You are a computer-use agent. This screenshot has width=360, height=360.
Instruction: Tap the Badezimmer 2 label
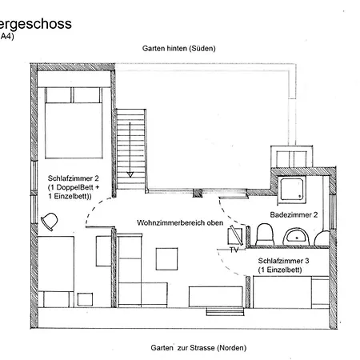[x=294, y=214]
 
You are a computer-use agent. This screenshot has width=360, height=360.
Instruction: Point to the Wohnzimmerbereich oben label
[x=180, y=222]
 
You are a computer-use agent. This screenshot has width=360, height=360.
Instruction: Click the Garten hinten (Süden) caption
[x=179, y=48]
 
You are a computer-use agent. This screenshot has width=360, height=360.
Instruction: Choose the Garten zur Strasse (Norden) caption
[x=198, y=348]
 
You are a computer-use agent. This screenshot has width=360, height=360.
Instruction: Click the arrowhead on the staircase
[x=130, y=174]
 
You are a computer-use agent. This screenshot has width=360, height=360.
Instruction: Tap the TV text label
[x=234, y=250]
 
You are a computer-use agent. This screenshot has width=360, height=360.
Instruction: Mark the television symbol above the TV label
[x=235, y=235]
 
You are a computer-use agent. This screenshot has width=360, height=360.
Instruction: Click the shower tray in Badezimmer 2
[x=292, y=190]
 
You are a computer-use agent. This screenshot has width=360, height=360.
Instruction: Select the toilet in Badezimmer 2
[x=265, y=234]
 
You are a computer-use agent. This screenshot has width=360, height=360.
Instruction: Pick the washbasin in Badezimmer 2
[x=296, y=237]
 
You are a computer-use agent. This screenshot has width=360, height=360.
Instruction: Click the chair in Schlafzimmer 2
[x=50, y=222]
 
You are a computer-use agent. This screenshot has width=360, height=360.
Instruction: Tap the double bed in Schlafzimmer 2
[x=74, y=122]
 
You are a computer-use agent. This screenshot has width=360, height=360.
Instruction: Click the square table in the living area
[x=166, y=259]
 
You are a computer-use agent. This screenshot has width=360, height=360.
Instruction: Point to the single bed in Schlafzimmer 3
[x=291, y=292]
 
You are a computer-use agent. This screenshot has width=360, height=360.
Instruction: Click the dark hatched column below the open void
[x=198, y=193]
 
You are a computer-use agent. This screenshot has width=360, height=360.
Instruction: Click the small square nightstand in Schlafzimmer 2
[x=85, y=299]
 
